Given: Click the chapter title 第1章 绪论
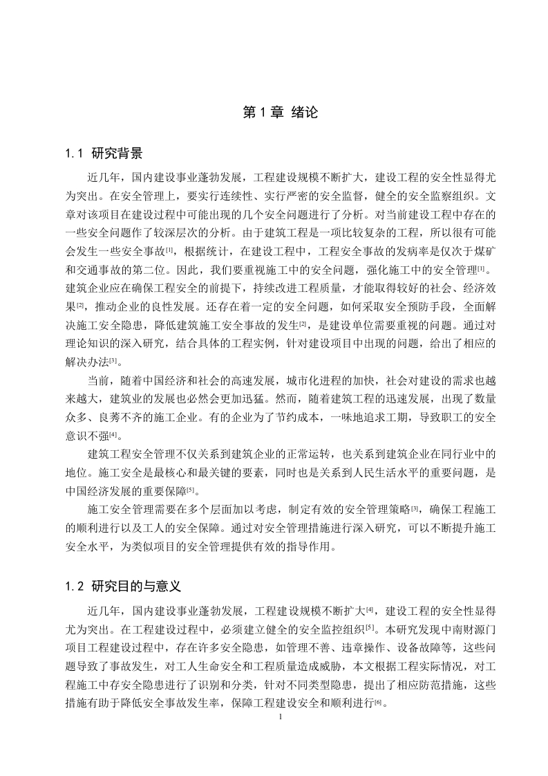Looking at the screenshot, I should coord(281,113).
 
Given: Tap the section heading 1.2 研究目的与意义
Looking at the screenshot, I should coord(122,586).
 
